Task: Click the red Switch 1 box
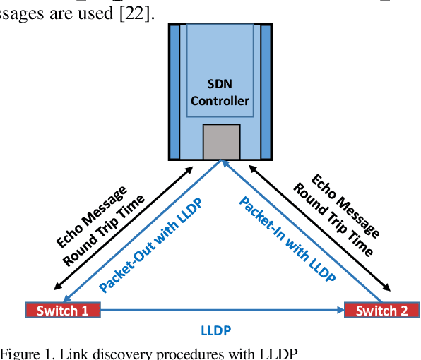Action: pyautogui.click(x=62, y=310)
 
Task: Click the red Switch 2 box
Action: pyautogui.click(x=381, y=310)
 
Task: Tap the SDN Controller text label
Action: pyautogui.click(x=220, y=92)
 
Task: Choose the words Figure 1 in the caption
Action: pyautogui.click(x=24, y=353)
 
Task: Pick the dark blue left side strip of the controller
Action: pyautogui.click(x=174, y=92)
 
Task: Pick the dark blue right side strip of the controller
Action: pyautogui.click(x=266, y=92)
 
